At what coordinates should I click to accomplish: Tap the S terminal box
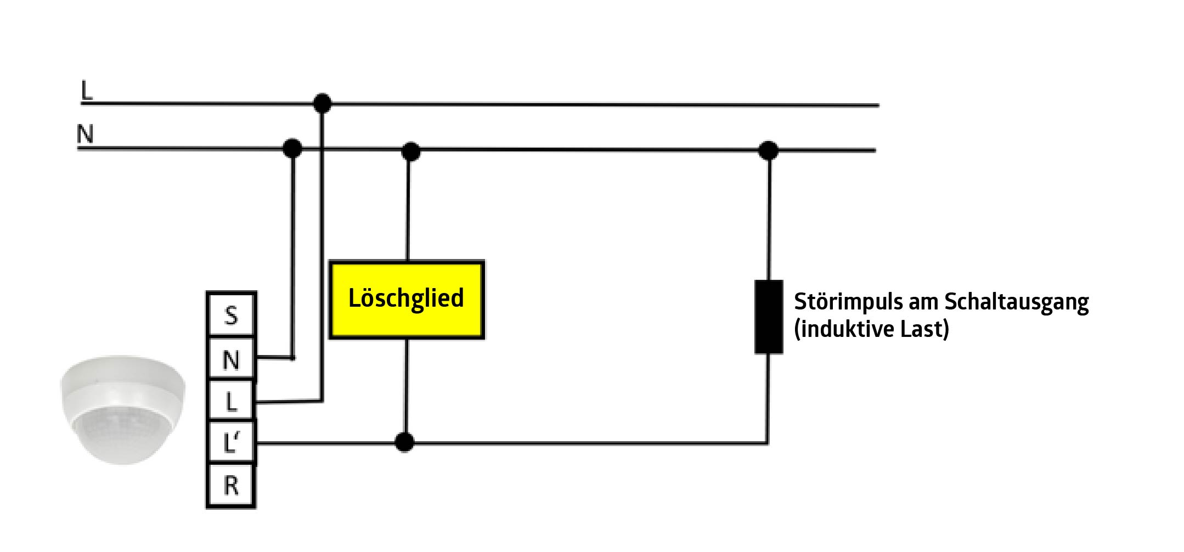(x=231, y=314)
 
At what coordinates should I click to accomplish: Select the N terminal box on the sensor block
(x=231, y=359)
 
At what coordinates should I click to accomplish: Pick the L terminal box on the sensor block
(x=231, y=402)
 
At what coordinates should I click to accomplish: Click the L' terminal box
(x=231, y=442)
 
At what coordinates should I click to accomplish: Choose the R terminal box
(x=231, y=486)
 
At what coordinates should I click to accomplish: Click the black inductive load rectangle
(x=768, y=317)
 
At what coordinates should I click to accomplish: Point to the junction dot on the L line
(x=322, y=103)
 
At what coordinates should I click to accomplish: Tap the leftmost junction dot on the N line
(x=292, y=148)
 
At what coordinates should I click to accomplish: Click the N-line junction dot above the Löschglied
(x=410, y=151)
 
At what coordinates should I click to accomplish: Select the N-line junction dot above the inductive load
(x=768, y=150)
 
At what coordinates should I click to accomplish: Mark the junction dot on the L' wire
(x=404, y=442)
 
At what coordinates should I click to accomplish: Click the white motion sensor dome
(x=122, y=409)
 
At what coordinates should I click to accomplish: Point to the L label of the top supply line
(x=87, y=91)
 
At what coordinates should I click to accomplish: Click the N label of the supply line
(x=85, y=134)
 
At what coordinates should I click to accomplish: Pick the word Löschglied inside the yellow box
(x=406, y=298)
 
